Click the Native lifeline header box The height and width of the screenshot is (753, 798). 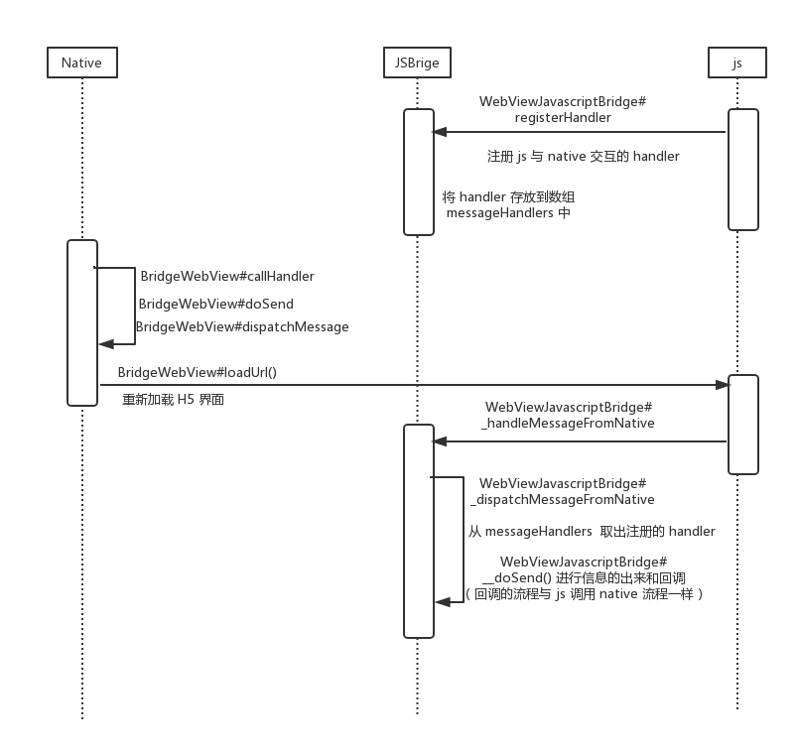click(82, 63)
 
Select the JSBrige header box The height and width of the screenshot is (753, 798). click(417, 63)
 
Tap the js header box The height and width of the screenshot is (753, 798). click(736, 63)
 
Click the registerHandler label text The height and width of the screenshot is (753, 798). click(563, 117)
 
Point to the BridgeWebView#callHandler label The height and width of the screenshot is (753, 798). click(227, 276)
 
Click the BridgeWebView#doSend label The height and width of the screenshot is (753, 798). click(216, 304)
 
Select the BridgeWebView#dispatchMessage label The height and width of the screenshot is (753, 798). click(242, 326)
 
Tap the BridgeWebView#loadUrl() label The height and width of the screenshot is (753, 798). click(198, 372)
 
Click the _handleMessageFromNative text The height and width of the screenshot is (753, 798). click(568, 424)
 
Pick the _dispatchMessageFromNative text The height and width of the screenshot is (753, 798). click(563, 500)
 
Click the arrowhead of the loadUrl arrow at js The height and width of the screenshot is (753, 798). click(723, 385)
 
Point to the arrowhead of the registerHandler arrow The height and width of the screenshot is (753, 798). click(440, 132)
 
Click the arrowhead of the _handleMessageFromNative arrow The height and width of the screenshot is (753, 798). click(440, 441)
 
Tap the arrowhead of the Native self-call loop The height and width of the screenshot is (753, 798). click(106, 344)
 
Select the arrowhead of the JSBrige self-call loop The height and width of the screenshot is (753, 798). click(443, 602)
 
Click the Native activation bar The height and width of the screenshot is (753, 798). click(82, 323)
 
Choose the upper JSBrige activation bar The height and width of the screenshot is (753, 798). click(419, 172)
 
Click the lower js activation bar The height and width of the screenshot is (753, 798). click(743, 425)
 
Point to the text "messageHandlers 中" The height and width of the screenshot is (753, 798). click(508, 212)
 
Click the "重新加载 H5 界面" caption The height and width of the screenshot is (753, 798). click(173, 400)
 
